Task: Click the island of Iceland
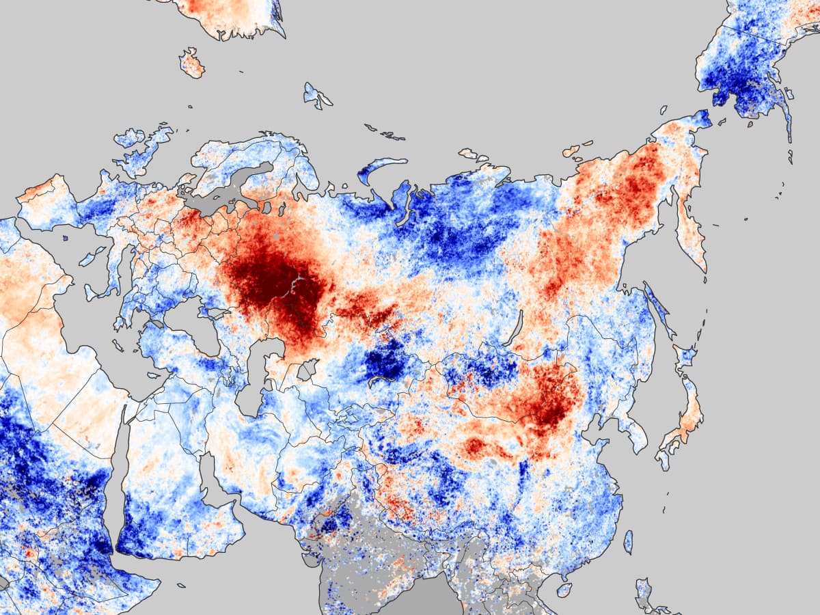pyautogui.click(x=192, y=63)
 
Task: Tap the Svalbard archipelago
pyautogui.click(x=317, y=95)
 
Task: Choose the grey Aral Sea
pyautogui.click(x=307, y=370)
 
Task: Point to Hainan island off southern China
pyautogui.click(x=564, y=589)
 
